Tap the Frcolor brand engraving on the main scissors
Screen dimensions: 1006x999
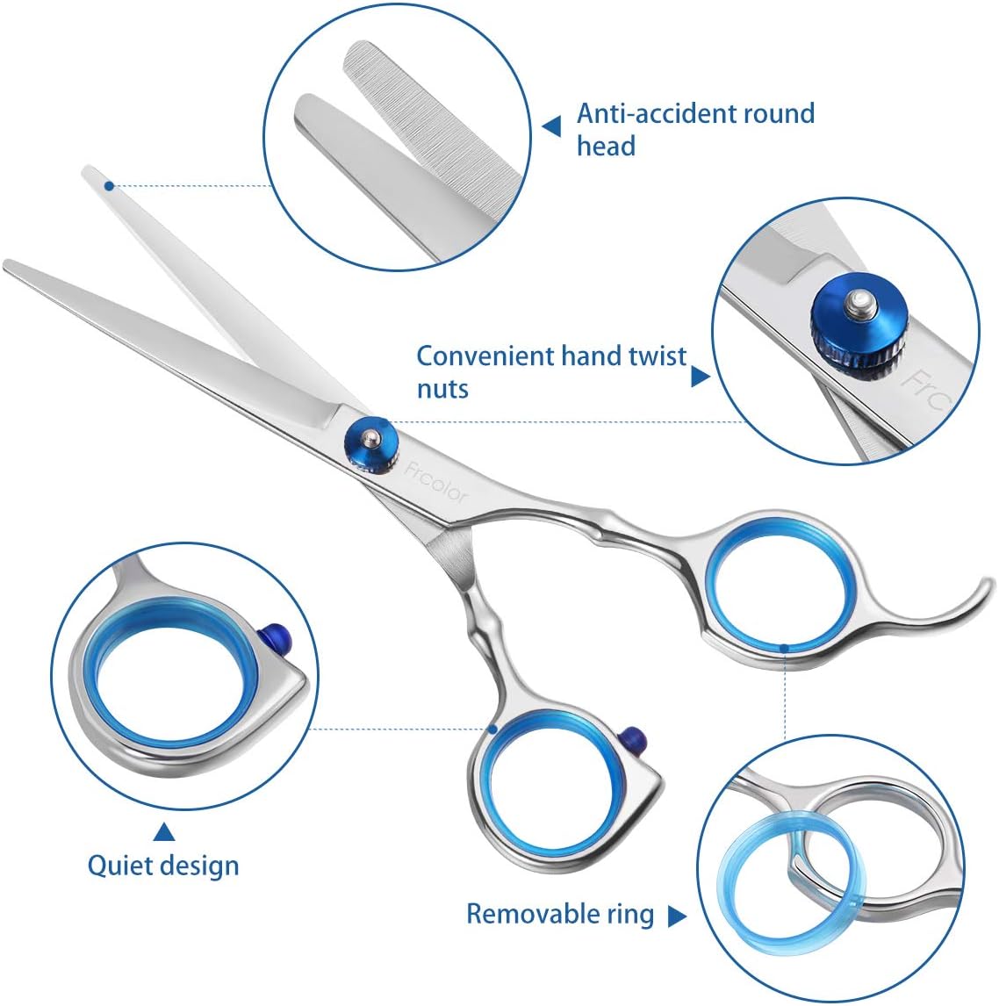[x=437, y=484]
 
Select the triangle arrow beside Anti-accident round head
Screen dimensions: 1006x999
[x=551, y=128]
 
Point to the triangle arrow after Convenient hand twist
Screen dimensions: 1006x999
[x=700, y=377]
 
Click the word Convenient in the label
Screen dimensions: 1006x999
[x=485, y=356]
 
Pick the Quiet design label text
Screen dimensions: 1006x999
[x=163, y=866]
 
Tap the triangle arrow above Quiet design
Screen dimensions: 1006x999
[x=163, y=830]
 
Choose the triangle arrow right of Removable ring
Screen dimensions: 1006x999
[x=676, y=916]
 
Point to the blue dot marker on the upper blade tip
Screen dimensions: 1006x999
[x=108, y=186]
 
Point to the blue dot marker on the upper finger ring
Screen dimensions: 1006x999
[x=784, y=648]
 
